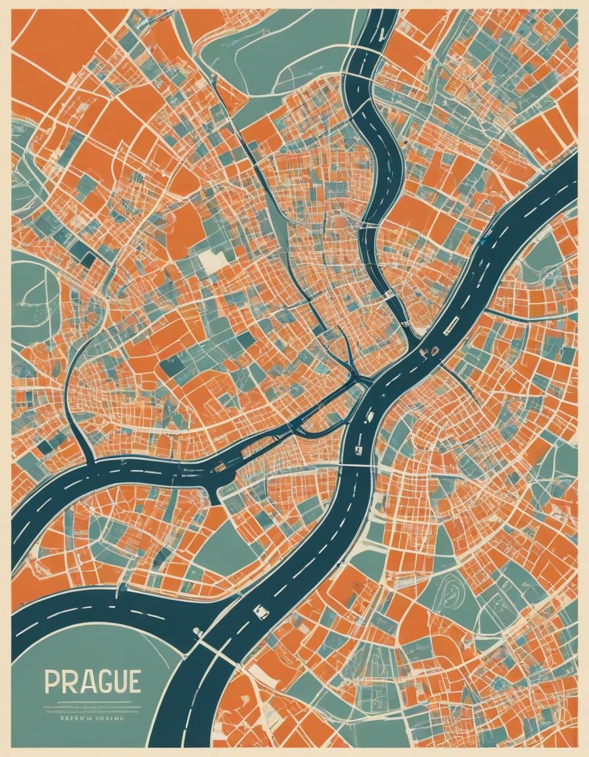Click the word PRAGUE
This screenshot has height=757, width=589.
point(92,681)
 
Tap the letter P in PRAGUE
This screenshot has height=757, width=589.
point(51,681)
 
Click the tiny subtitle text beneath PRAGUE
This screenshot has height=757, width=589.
point(92,719)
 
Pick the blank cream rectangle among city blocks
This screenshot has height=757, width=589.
point(212,262)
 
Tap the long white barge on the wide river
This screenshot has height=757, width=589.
point(452,324)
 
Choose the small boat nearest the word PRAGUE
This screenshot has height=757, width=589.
point(197,632)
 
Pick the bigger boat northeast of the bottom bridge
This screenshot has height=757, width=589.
point(261,611)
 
